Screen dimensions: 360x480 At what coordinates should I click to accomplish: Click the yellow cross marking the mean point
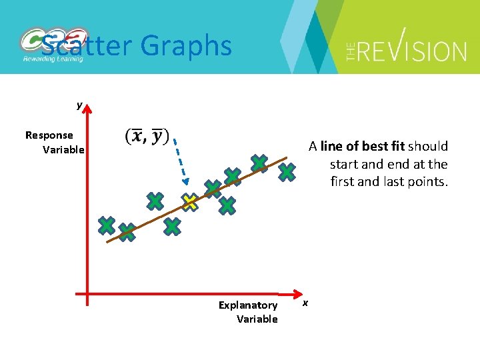coord(191,202)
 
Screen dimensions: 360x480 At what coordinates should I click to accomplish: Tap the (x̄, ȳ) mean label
coord(147,136)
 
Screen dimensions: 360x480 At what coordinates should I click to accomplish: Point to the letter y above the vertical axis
coord(79,105)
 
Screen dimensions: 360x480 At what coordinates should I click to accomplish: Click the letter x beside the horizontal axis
coord(305,303)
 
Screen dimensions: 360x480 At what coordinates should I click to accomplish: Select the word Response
coord(49,135)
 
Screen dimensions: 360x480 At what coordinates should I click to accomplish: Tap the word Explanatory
coord(248,305)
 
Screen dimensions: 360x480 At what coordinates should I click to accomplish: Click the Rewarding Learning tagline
coord(53,59)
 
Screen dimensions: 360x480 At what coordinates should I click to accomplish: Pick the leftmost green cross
coord(106,225)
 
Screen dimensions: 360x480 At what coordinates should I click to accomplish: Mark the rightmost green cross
coord(287,172)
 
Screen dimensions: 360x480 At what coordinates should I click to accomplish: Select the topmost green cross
coord(259,163)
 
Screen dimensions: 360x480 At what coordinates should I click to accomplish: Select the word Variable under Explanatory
coord(257,319)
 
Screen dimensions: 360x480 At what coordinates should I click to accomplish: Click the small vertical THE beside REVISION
coord(351,51)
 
